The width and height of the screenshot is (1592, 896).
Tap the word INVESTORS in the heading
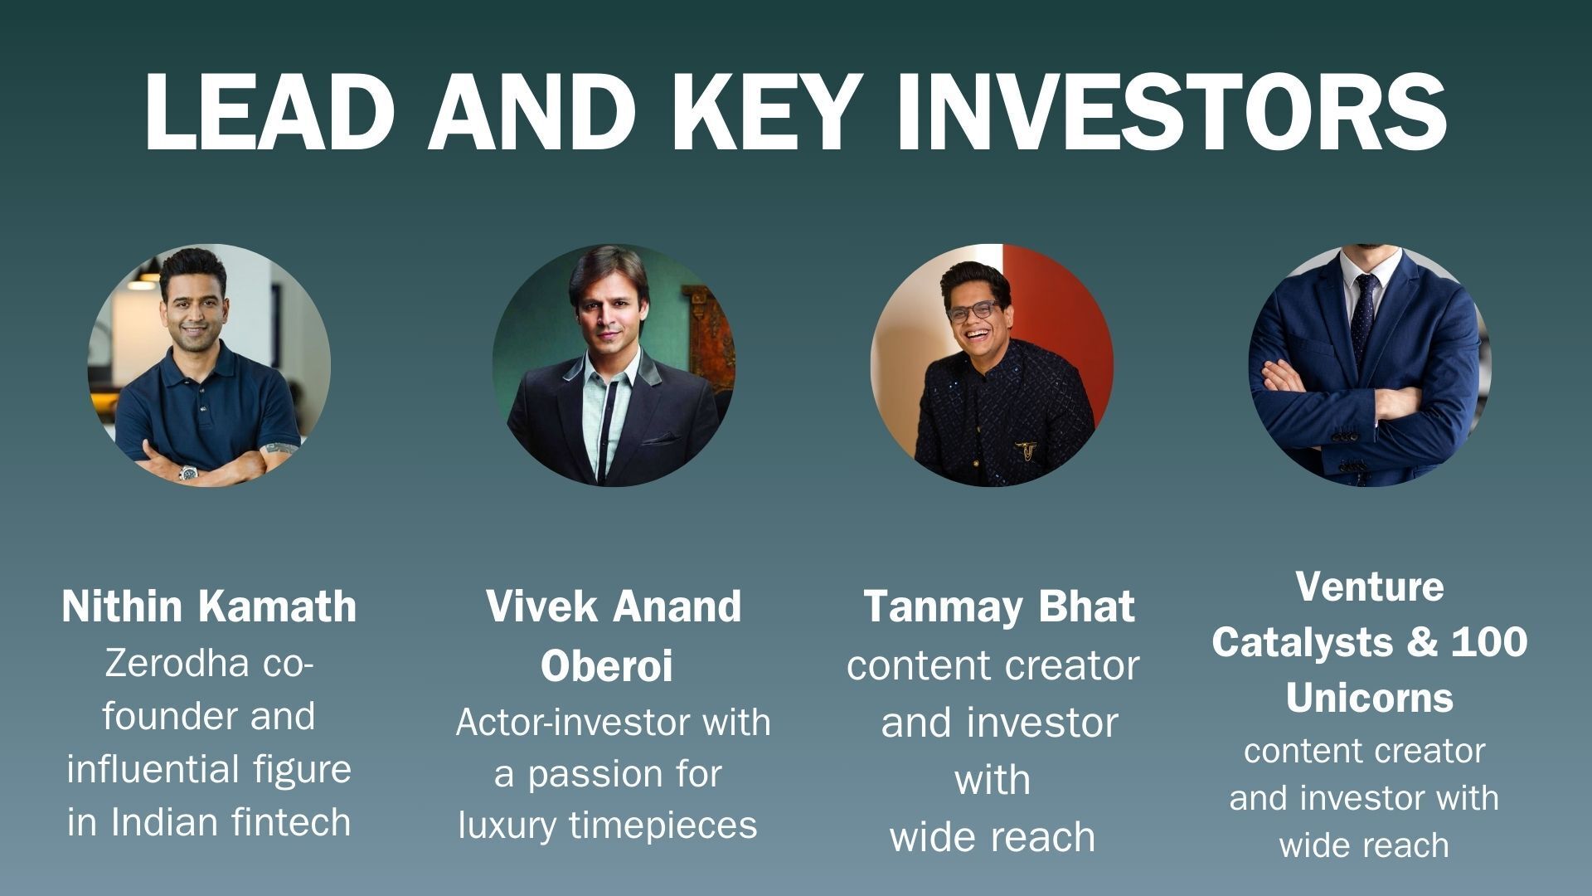tap(1171, 111)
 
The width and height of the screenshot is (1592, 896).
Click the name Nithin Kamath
tap(209, 606)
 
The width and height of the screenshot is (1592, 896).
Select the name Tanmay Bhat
tap(999, 606)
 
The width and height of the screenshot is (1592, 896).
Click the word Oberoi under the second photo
tap(606, 665)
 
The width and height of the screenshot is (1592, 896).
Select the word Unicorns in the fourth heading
tap(1369, 698)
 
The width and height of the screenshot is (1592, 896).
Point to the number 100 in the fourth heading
tap(1488, 642)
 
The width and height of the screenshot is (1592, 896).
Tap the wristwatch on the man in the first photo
tap(189, 473)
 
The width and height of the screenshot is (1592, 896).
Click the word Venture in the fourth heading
tap(1369, 587)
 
